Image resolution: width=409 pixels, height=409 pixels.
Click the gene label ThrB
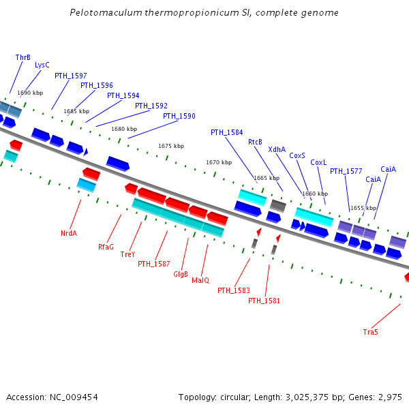click(x=23, y=58)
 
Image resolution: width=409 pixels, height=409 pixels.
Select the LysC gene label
click(x=42, y=65)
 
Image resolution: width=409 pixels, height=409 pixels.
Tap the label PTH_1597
click(x=71, y=76)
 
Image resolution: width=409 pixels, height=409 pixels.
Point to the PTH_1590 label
click(x=179, y=117)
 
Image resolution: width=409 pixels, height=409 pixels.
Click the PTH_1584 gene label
click(x=226, y=133)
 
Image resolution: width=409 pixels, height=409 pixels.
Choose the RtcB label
click(x=256, y=142)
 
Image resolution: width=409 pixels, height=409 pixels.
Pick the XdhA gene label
click(x=277, y=149)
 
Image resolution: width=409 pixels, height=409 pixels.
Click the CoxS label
click(x=297, y=155)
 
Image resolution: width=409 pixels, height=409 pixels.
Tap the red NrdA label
click(x=69, y=233)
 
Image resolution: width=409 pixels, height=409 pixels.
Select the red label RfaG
click(x=106, y=247)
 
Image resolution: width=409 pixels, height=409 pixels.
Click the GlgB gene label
click(x=181, y=274)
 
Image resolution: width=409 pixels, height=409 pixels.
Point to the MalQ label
click(x=200, y=280)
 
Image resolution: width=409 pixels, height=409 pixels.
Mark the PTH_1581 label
click(x=264, y=301)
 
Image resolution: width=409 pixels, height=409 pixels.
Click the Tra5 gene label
click(x=371, y=332)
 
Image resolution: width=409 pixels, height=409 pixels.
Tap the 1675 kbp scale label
click(x=171, y=146)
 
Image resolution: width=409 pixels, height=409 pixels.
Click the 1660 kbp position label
click(x=314, y=194)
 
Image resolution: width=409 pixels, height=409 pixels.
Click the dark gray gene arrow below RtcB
click(x=277, y=204)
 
